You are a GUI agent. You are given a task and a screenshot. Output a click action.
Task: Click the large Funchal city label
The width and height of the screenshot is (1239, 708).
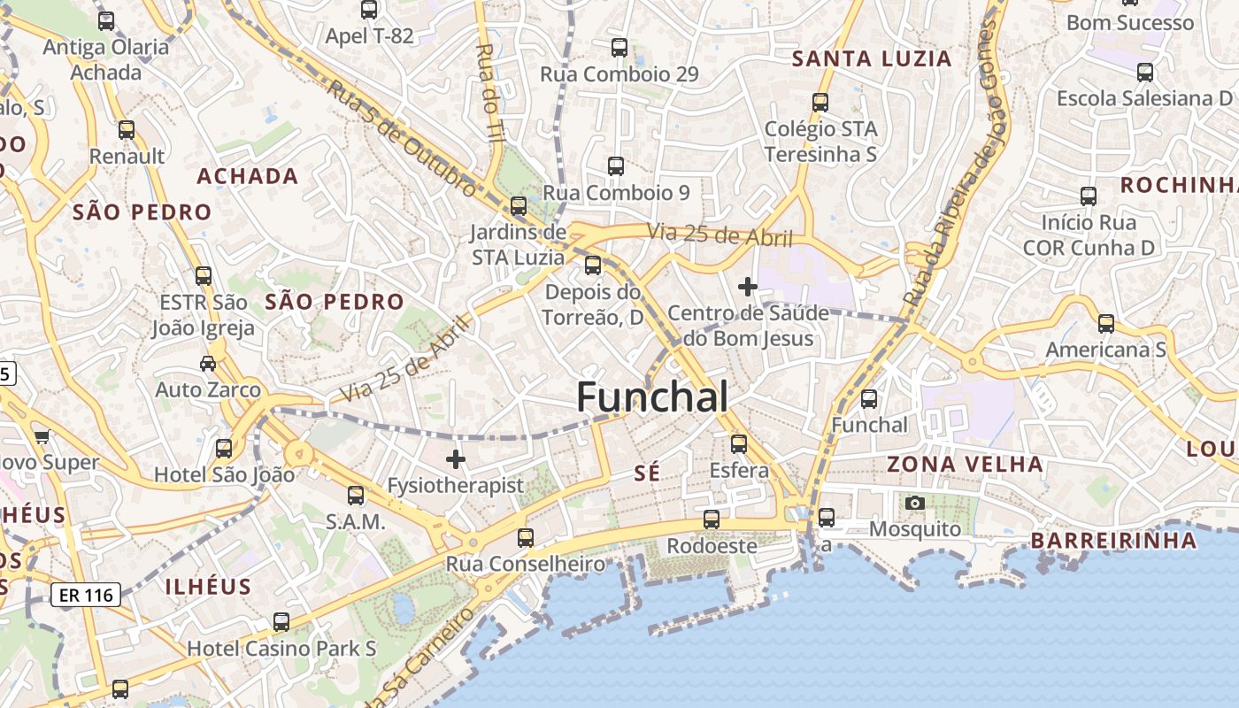click(x=652, y=397)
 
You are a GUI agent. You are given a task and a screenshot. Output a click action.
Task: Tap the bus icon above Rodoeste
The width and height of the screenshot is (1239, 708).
click(x=711, y=519)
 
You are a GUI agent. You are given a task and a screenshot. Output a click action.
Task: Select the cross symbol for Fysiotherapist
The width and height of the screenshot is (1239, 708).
click(x=456, y=459)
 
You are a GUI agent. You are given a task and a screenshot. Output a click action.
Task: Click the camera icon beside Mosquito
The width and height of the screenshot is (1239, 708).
click(x=915, y=504)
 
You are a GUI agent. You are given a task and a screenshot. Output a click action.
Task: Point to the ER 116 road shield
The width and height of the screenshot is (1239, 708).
click(x=86, y=595)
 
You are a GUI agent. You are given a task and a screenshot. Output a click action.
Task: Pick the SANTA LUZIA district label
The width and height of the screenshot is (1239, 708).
click(x=872, y=59)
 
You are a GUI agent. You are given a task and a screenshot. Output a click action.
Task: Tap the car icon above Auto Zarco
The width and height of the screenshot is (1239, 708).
click(x=208, y=363)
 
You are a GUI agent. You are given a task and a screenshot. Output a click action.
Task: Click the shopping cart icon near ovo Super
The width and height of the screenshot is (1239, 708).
click(x=42, y=435)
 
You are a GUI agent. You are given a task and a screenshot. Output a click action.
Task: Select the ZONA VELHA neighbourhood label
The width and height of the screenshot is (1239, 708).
click(x=965, y=464)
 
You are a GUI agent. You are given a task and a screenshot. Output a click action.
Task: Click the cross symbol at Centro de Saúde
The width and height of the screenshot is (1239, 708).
click(x=748, y=287)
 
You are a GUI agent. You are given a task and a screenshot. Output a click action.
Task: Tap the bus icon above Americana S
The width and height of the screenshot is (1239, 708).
click(x=1105, y=324)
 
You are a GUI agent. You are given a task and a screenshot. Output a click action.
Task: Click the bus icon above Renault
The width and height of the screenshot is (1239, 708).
click(x=127, y=130)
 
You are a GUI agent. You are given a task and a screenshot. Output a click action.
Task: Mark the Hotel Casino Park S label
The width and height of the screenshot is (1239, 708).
click(x=281, y=649)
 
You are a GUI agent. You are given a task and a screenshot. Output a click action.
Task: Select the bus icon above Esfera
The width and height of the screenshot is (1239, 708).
click(x=739, y=444)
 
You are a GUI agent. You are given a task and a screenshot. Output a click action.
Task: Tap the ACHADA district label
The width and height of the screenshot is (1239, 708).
click(x=247, y=175)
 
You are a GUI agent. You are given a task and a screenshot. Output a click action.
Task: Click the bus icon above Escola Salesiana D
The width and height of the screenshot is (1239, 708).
click(x=1144, y=73)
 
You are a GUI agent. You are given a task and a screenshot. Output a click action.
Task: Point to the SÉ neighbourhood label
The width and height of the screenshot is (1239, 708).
click(x=647, y=473)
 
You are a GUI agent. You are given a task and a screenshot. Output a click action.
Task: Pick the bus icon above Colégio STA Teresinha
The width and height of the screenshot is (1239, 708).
click(x=820, y=103)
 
